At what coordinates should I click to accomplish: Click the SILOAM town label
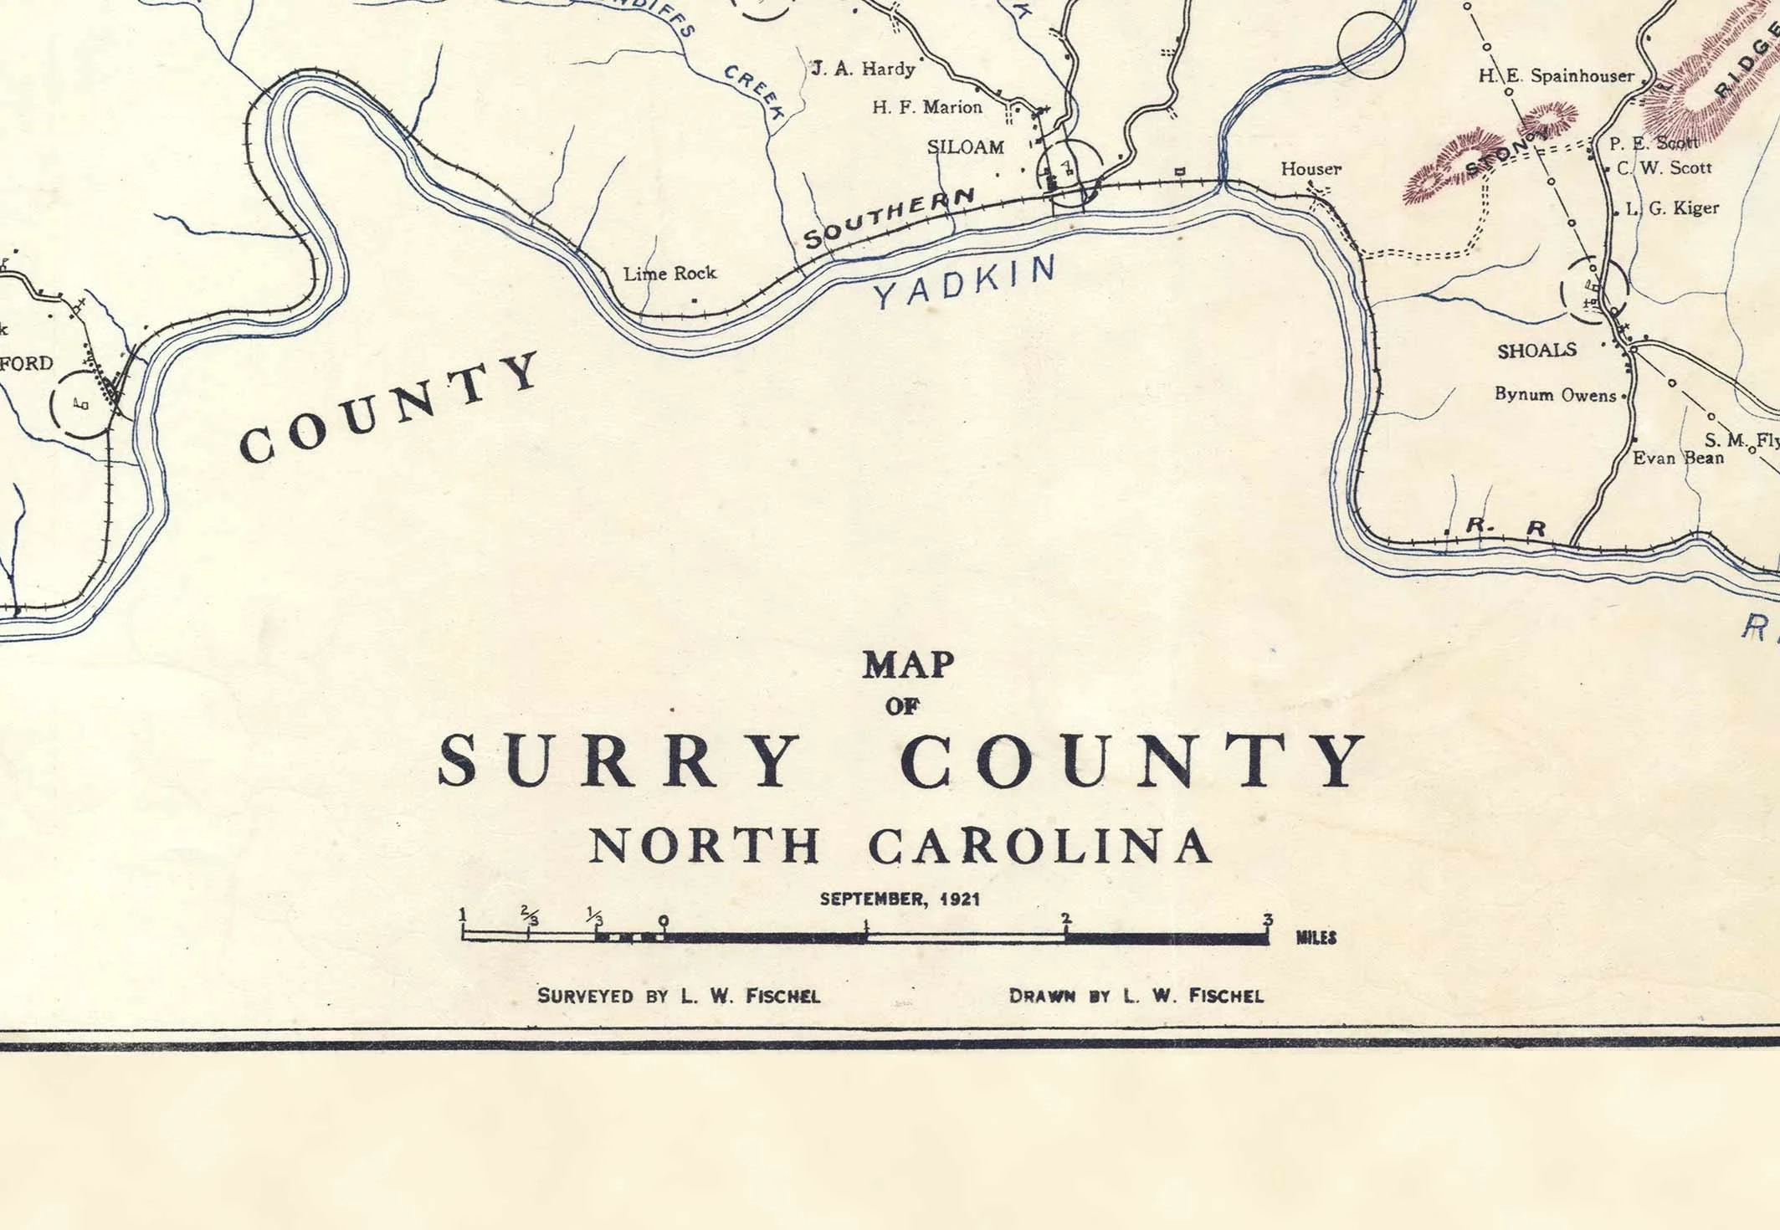[x=965, y=147]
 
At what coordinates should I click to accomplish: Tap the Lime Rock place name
[x=669, y=274]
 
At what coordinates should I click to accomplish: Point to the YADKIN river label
[x=964, y=283]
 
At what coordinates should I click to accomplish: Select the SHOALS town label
[x=1536, y=351]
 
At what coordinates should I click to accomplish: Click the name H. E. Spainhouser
[x=1556, y=76]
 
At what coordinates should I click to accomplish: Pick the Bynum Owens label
[x=1556, y=395]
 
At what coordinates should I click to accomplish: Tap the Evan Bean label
[x=1678, y=458]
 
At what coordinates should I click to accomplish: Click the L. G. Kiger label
[x=1672, y=208]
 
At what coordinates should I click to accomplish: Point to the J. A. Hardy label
[x=864, y=69]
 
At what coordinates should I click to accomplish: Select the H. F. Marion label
[x=926, y=107]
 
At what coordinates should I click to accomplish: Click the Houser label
[x=1311, y=169]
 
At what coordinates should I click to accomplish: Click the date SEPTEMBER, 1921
[x=900, y=899]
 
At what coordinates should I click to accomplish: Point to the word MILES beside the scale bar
[x=1316, y=938]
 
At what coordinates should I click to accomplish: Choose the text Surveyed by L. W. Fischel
[x=679, y=996]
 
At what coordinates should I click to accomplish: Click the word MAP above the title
[x=908, y=665]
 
